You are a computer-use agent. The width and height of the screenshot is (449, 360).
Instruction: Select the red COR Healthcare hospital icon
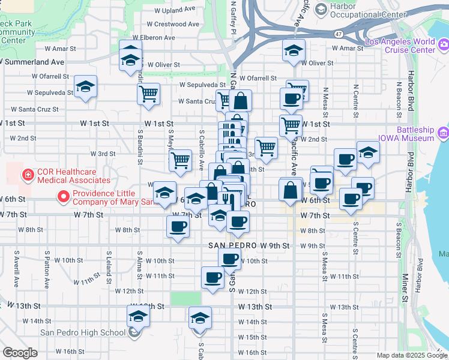(27, 175)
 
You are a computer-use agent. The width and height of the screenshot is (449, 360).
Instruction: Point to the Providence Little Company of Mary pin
(62, 196)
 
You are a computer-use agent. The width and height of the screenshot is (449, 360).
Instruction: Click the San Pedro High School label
(83, 333)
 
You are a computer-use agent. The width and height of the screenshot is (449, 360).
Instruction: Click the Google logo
(20, 353)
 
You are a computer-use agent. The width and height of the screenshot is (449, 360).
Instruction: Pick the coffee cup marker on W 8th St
(178, 227)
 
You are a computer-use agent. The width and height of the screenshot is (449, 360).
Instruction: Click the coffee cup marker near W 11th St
(212, 277)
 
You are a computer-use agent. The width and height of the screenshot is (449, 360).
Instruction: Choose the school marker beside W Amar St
(294, 51)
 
